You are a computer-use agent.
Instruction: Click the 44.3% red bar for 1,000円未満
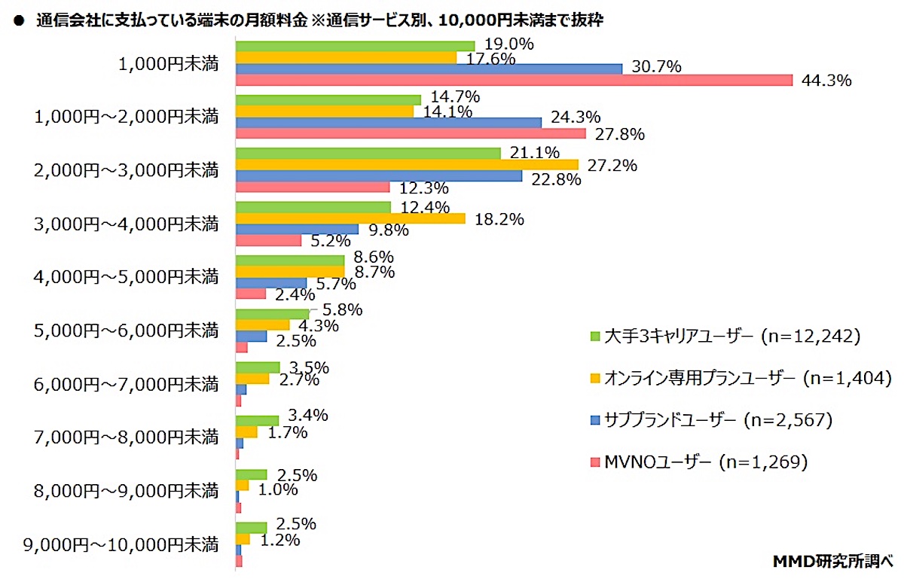(514, 80)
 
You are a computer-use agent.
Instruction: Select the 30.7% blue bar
(429, 69)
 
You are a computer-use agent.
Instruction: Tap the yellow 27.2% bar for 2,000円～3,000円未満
(407, 164)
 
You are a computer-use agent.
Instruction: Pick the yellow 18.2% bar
(350, 218)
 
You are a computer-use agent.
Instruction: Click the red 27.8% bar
(411, 133)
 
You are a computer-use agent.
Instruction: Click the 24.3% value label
(576, 117)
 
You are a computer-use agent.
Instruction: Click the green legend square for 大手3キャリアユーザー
(594, 337)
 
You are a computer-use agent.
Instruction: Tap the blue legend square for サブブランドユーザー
(594, 419)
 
